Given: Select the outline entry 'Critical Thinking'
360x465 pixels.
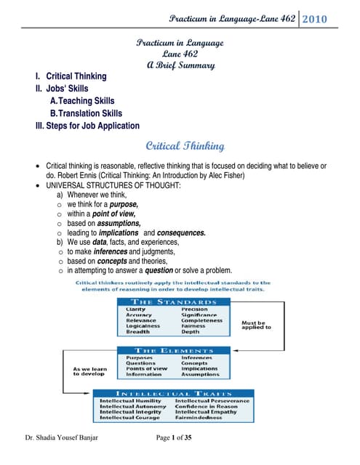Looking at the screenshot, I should [x=76, y=76].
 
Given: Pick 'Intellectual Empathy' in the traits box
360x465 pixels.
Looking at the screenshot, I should [x=207, y=411].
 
